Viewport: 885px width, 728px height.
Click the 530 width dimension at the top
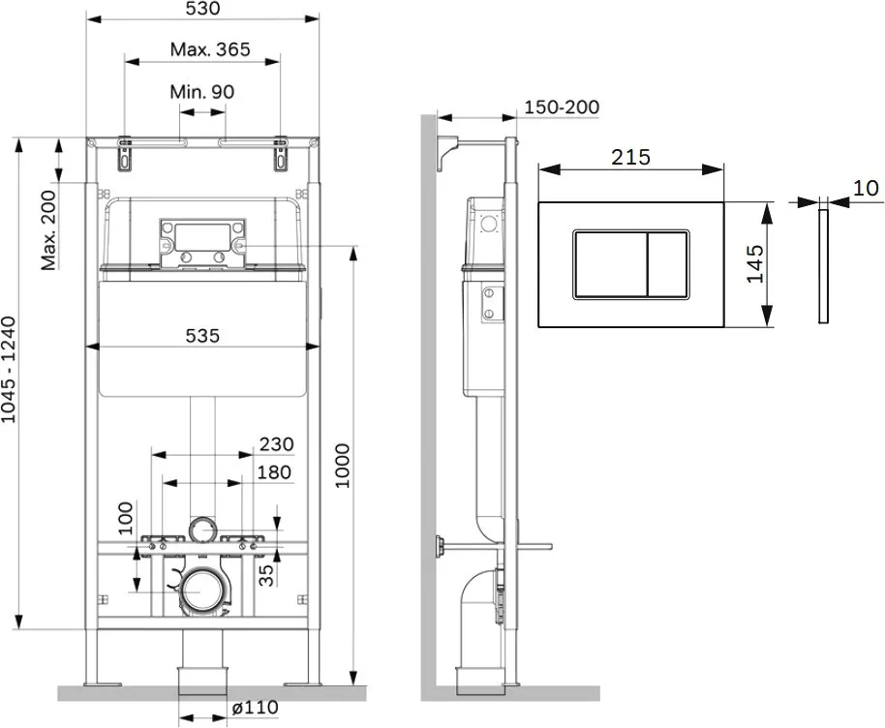tap(202, 9)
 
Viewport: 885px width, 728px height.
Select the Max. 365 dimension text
tap(210, 49)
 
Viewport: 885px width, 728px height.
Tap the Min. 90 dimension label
tap(202, 91)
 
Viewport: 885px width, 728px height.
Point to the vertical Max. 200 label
tap(49, 230)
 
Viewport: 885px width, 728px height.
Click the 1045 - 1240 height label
tap(9, 370)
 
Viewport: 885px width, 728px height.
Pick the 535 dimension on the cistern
tap(202, 336)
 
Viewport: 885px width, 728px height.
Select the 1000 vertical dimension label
tap(343, 467)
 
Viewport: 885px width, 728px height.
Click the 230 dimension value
tap(277, 444)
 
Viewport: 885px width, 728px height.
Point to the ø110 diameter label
tap(255, 707)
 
